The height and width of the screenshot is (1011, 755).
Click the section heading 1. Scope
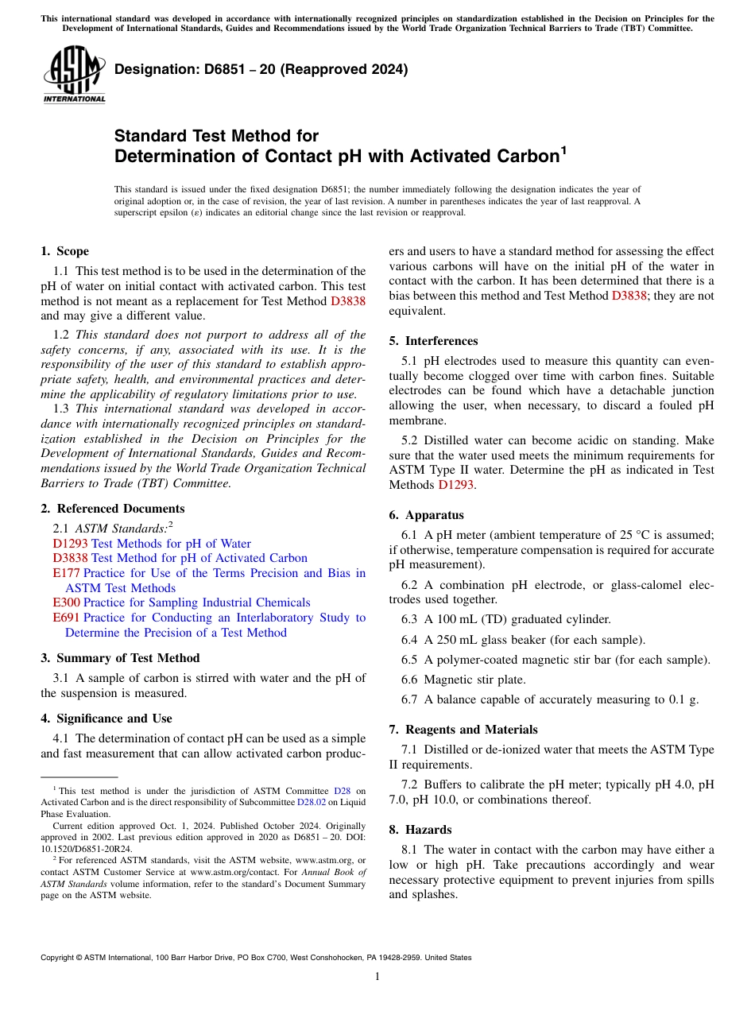point(64,251)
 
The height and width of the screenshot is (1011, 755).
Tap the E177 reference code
point(66,573)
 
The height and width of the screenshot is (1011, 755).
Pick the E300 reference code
point(66,602)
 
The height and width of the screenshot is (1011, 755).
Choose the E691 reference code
point(66,618)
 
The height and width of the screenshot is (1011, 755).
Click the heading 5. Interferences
point(433,341)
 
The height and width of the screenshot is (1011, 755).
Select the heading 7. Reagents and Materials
point(463,730)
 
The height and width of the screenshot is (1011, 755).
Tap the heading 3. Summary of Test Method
point(120,658)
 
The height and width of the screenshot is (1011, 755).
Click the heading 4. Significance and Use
point(106,719)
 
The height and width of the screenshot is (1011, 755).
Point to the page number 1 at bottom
point(377,977)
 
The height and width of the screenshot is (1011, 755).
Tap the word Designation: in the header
point(153,69)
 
